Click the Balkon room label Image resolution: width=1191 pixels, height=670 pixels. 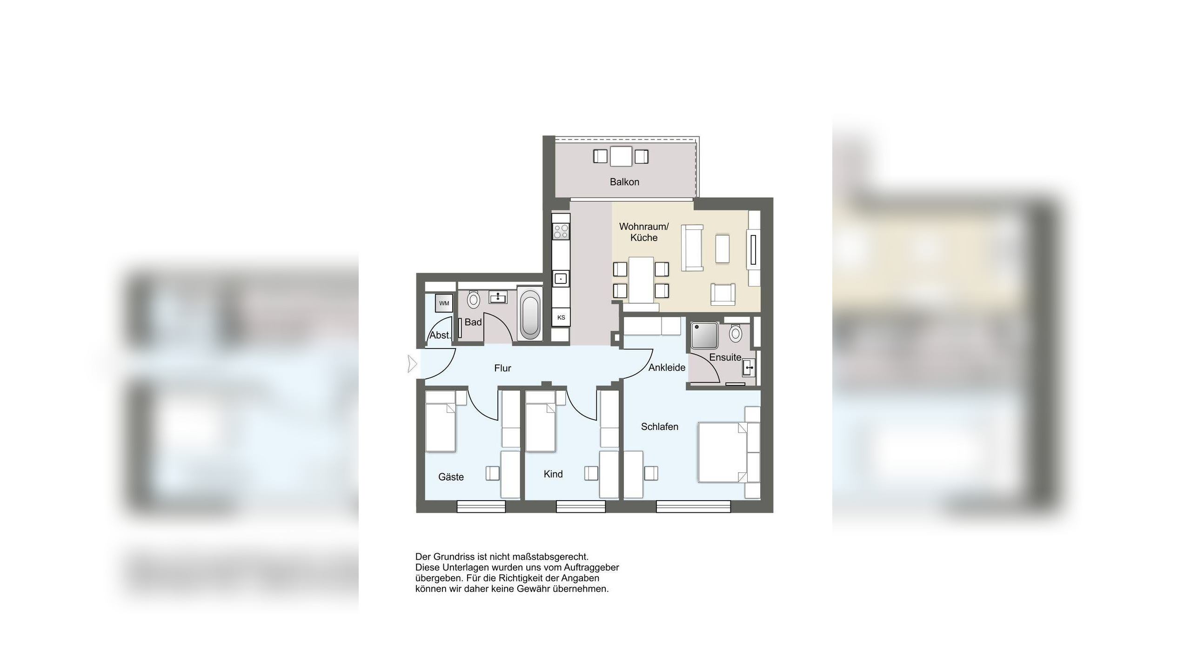coord(624,182)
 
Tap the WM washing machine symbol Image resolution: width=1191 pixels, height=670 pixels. coord(444,303)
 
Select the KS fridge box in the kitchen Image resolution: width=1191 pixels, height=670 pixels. coord(561,317)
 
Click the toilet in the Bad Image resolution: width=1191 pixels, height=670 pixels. coord(474,300)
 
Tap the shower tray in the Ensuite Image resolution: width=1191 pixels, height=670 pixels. coord(704,335)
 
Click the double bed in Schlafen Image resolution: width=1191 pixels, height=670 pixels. coord(722,452)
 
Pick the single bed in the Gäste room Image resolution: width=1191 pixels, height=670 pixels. coord(441,421)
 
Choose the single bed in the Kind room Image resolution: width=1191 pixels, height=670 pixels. coord(541,421)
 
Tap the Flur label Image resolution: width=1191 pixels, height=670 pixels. coord(502,368)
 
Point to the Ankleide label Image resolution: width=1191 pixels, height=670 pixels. coord(667,368)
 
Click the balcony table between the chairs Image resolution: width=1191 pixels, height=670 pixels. coord(621,156)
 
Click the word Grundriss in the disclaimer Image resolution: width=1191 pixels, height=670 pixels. coord(456,556)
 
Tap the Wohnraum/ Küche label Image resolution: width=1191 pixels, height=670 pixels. coord(644,232)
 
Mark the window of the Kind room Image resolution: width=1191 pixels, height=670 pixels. coord(581,506)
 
